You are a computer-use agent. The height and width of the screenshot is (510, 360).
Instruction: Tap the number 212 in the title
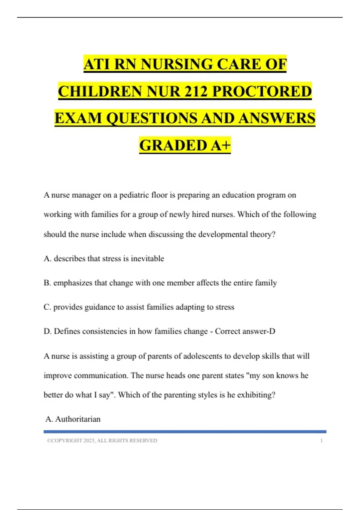point(195,91)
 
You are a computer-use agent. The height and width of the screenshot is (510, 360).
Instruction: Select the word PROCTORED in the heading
point(262,91)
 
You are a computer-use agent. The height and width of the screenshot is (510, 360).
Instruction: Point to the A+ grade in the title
point(221,145)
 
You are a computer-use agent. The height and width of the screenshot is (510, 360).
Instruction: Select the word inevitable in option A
point(147,259)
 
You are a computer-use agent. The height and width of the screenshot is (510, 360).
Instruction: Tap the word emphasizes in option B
point(73,283)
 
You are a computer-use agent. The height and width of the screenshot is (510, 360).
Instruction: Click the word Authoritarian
point(78,419)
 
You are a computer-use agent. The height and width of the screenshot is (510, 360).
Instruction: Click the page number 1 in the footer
point(322,441)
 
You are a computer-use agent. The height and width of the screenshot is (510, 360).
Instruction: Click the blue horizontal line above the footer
point(185,432)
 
